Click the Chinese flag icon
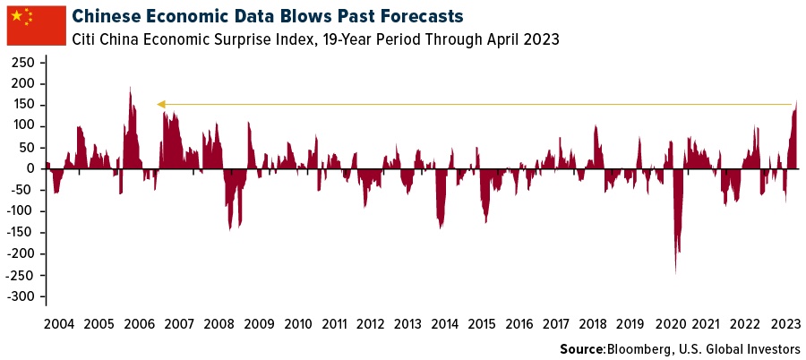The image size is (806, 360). (x=36, y=24)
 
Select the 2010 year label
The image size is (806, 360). (x=296, y=323)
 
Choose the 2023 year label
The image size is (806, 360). (x=784, y=323)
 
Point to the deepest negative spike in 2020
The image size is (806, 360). (x=675, y=271)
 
